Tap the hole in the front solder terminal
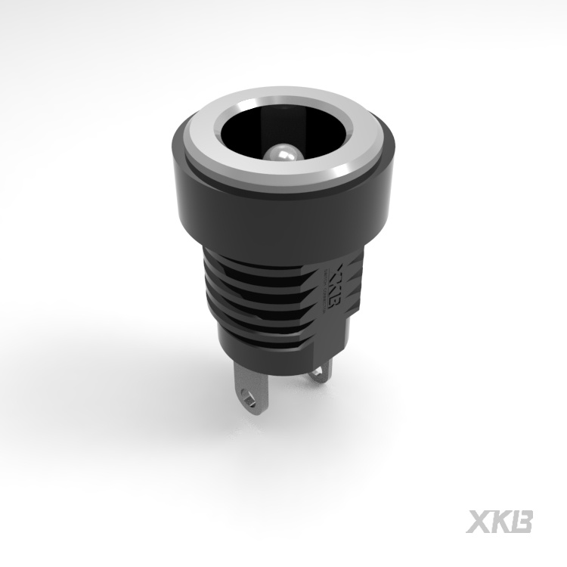247,396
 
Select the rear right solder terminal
322,370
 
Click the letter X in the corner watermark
479,522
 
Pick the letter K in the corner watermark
500,522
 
